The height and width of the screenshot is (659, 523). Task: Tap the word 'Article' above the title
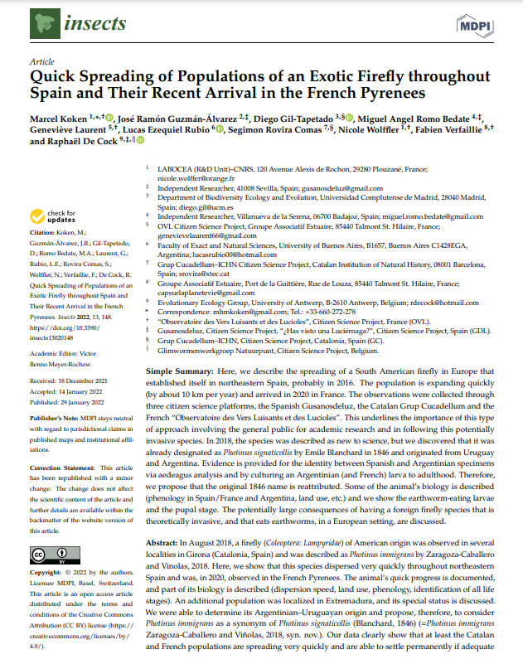click(x=41, y=61)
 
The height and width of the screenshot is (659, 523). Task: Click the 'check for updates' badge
click(x=54, y=218)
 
